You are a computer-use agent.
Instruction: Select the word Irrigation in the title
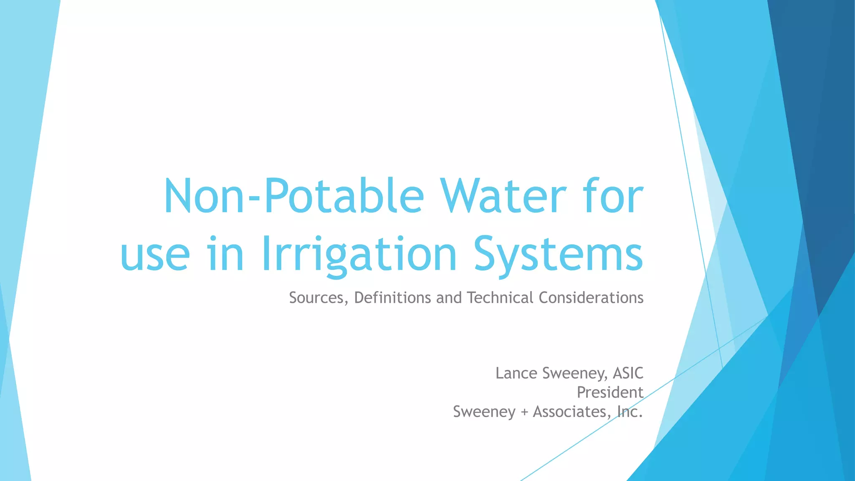coord(359,254)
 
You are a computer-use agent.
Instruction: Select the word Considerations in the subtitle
coord(591,298)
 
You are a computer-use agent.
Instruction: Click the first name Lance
coord(516,373)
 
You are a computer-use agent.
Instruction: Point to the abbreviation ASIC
coord(628,373)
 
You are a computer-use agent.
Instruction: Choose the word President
coord(610,392)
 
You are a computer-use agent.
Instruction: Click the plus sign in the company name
coord(524,413)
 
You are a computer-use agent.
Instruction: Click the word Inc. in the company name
coord(630,412)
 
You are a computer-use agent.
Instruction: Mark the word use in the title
coord(155,254)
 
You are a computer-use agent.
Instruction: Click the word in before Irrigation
coord(225,254)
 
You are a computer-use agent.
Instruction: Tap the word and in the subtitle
coord(449,298)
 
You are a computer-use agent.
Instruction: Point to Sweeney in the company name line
coord(484,412)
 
